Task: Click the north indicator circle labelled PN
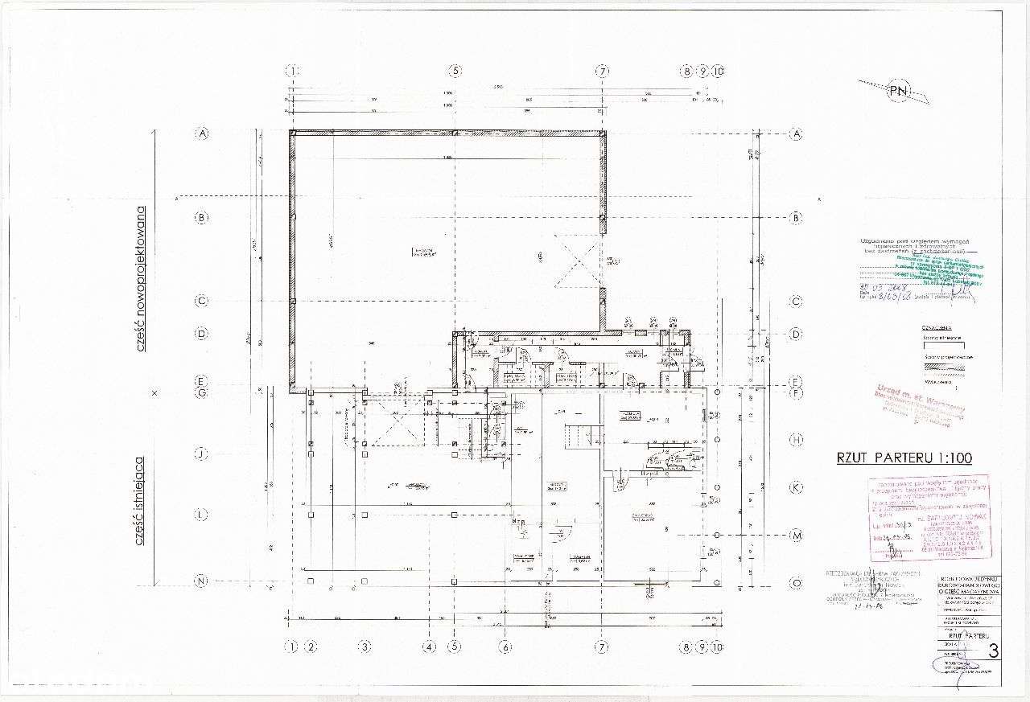point(898,91)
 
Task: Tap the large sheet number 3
point(994,651)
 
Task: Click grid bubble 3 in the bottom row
point(365,647)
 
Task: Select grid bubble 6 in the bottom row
point(505,647)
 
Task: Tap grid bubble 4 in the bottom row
point(430,647)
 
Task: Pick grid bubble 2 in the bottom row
point(311,647)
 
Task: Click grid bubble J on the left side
point(202,454)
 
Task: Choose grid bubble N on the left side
point(202,581)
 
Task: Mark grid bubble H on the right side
point(796,440)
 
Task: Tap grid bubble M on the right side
point(796,536)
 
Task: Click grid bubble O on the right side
point(796,582)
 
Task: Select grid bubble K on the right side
point(796,487)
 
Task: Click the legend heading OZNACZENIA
point(937,328)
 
